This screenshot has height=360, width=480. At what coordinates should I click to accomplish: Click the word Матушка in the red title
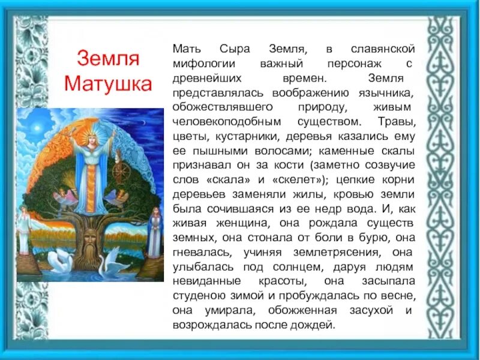[108, 83]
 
